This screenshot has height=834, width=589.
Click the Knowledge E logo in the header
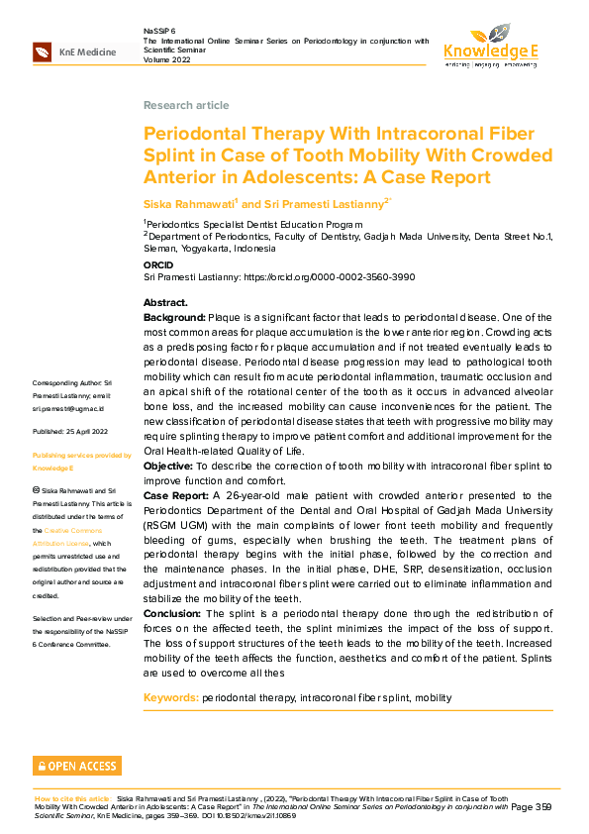point(490,45)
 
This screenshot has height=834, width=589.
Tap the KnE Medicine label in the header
point(87,52)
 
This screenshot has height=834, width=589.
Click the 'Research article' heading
point(186,105)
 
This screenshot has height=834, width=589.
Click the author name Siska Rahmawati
point(188,203)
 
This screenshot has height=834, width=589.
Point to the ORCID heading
point(158,265)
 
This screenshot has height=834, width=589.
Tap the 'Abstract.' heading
point(165,302)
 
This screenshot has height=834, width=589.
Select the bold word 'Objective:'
point(170,466)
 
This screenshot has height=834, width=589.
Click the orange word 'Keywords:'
point(170,698)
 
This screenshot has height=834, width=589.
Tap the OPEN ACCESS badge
point(77,766)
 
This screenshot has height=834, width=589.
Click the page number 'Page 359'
point(532,807)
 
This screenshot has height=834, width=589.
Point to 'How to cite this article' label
point(72,798)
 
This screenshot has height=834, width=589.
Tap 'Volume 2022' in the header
point(170,59)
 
